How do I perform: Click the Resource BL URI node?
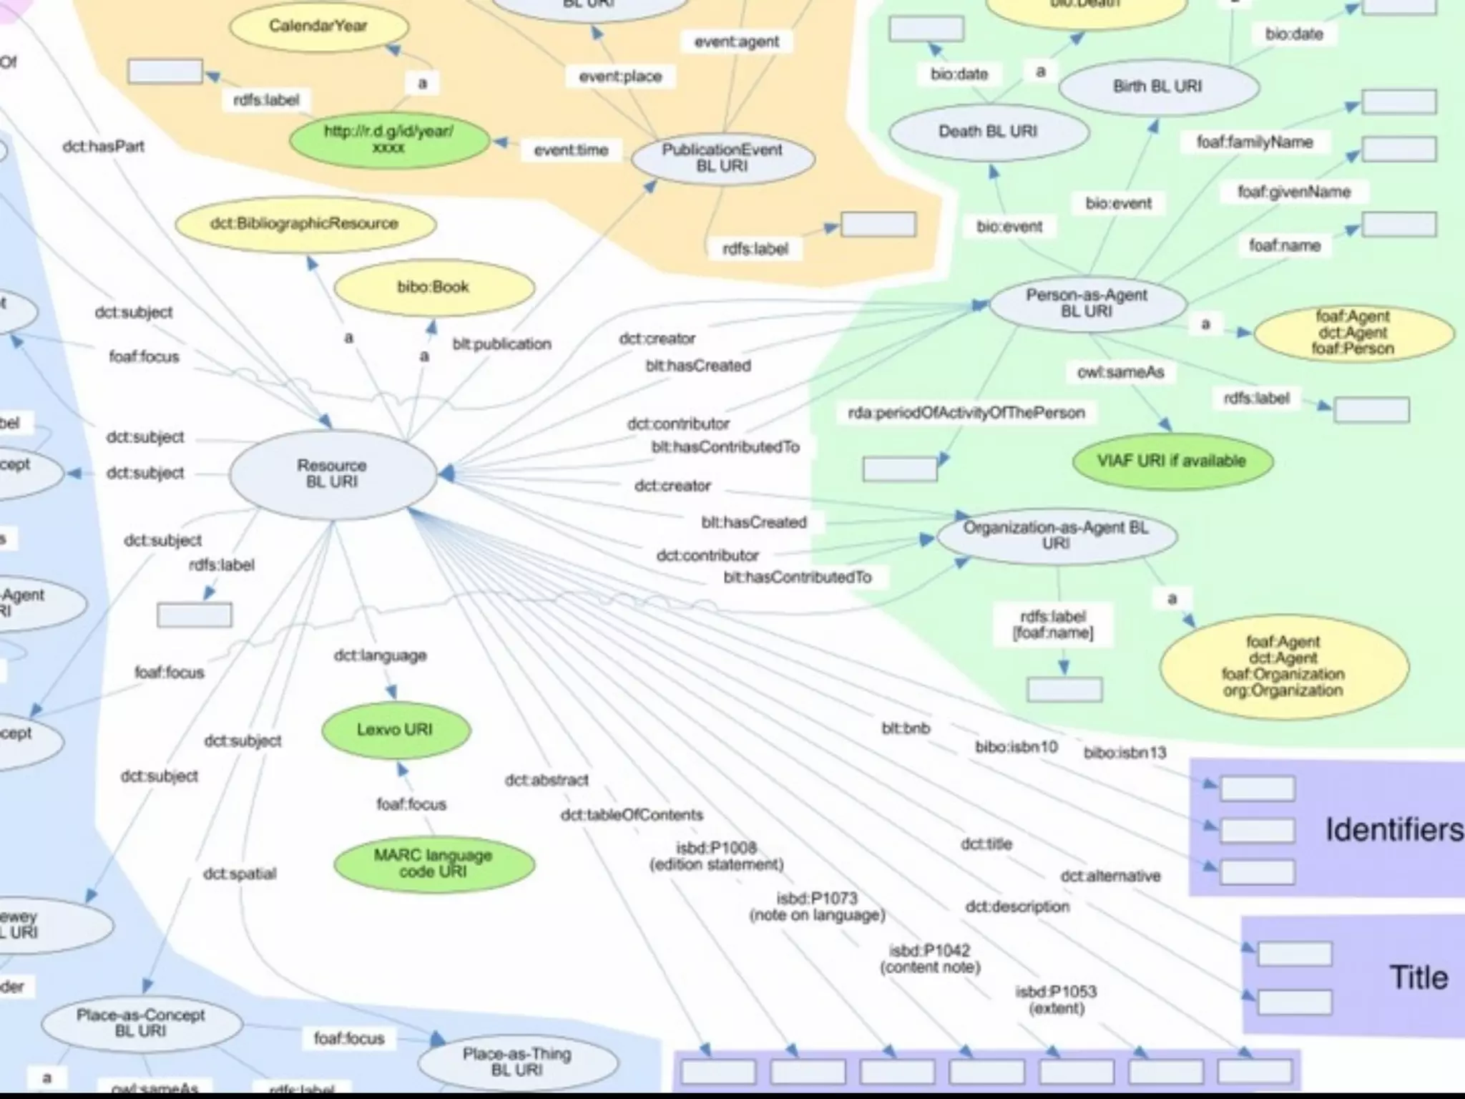(x=333, y=474)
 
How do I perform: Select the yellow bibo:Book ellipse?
(x=433, y=287)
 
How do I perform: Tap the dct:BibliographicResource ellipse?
(x=305, y=224)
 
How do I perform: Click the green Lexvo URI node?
(x=396, y=730)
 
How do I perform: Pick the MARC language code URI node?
(x=433, y=864)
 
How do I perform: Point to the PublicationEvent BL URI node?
(x=722, y=158)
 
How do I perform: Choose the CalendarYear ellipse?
(x=318, y=26)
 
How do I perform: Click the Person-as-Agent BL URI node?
(x=1087, y=303)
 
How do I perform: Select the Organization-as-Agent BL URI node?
(x=1056, y=536)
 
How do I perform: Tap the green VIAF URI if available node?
(x=1172, y=461)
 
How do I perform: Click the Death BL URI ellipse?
(x=989, y=132)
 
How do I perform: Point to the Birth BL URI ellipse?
(x=1157, y=87)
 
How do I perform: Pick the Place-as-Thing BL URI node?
(x=517, y=1062)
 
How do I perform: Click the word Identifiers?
(x=1393, y=830)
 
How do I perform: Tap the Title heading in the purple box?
(x=1419, y=977)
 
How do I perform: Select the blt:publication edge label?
(x=502, y=344)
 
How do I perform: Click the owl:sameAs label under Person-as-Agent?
(x=1121, y=372)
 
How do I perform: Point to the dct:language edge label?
(x=381, y=655)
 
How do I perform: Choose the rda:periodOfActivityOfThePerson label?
(x=966, y=413)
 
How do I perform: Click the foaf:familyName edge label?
(x=1255, y=142)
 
